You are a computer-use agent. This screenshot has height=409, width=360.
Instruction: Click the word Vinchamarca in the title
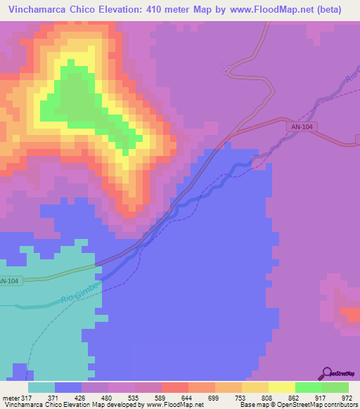coord(37,10)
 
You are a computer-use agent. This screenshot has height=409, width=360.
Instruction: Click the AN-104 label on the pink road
coord(300,126)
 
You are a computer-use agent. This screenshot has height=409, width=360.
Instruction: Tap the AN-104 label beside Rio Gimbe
coord(9,281)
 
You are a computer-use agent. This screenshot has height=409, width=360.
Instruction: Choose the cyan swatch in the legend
coord(41,387)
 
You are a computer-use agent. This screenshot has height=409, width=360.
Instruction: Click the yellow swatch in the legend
coord(281,387)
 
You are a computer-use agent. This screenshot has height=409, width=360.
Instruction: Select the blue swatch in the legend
coord(68,387)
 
